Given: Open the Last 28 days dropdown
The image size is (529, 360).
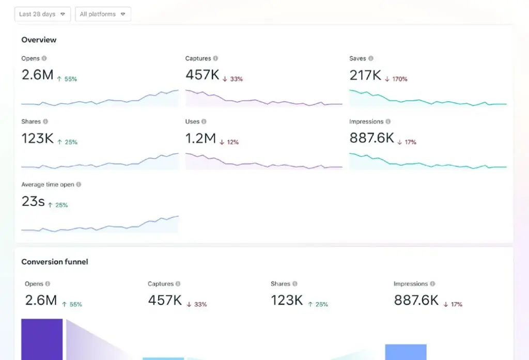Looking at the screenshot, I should [x=42, y=14].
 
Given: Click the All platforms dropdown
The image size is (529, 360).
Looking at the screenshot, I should [x=103, y=14].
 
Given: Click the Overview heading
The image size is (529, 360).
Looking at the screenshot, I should [x=39, y=40].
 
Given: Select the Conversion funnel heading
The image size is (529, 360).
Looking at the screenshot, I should [x=55, y=262].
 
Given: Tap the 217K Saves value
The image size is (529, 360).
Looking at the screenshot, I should [x=365, y=75].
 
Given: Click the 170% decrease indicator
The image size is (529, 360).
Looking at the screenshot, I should [x=396, y=79].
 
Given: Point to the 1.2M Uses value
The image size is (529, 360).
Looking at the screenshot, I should [x=200, y=138].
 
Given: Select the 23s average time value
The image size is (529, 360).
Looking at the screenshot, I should [x=33, y=201].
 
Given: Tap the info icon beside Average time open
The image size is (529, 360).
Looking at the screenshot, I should [x=79, y=184].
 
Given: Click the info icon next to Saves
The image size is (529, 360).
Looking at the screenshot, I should [x=371, y=58].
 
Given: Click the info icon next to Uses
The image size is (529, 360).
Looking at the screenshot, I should [x=204, y=121].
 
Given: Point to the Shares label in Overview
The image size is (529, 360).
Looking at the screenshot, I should [x=31, y=121].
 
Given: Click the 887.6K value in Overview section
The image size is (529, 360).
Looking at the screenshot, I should [x=371, y=138].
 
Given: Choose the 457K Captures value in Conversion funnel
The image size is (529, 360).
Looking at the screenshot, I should [x=165, y=301].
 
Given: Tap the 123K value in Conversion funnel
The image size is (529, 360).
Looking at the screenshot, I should [x=287, y=301].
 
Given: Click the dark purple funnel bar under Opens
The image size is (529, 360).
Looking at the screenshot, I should [x=42, y=339].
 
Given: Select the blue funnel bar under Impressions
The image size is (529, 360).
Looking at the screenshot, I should [x=406, y=352].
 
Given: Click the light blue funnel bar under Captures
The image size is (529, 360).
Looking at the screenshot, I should [x=163, y=358].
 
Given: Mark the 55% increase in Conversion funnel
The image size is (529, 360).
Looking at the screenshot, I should [x=72, y=304].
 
